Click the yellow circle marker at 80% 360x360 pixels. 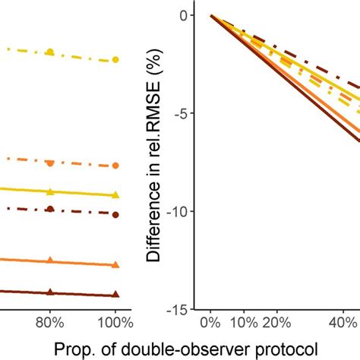(50, 52)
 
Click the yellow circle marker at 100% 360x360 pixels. (115, 59)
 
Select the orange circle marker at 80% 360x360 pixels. (50, 163)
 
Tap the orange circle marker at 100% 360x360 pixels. (115, 166)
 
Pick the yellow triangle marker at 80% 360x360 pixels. (50, 192)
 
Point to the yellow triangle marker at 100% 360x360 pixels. (115, 195)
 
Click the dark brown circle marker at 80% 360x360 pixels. (50, 209)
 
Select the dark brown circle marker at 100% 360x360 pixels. (115, 215)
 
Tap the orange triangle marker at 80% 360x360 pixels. (50, 261)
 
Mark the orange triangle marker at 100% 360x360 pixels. (115, 264)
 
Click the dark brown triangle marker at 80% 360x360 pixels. (50, 292)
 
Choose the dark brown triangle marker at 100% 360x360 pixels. (115, 295)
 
